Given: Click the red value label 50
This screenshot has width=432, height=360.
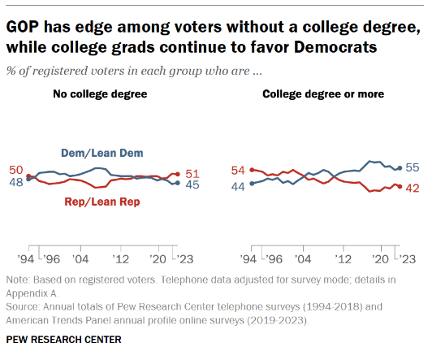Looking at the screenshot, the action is [16, 170].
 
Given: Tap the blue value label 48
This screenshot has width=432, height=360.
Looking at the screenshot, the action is [16, 182].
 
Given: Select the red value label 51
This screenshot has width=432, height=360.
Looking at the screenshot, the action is [192, 174].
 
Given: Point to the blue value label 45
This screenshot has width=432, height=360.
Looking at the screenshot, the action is [192, 184].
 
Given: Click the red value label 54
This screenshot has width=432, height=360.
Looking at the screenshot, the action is [238, 171].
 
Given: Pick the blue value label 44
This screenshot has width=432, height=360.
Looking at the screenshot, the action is [238, 187].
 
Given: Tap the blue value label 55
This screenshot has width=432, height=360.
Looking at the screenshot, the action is [413, 167].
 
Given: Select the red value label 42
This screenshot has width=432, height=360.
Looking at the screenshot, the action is [413, 189].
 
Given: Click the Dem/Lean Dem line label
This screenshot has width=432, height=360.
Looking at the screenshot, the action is [102, 154].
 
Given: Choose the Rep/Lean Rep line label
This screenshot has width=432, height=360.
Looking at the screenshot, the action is [102, 202].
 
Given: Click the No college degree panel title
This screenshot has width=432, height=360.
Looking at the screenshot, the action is [100, 94].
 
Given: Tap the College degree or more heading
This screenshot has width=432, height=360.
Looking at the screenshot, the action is [323, 94].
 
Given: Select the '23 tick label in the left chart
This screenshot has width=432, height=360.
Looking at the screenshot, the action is [185, 259].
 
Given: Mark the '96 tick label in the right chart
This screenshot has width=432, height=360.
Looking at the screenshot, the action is [274, 259].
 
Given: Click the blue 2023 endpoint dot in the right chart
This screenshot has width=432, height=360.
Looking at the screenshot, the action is [400, 168].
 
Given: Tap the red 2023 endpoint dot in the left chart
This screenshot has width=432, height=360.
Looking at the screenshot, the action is [177, 174].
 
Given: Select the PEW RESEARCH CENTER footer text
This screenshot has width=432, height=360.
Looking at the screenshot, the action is [63, 340].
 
